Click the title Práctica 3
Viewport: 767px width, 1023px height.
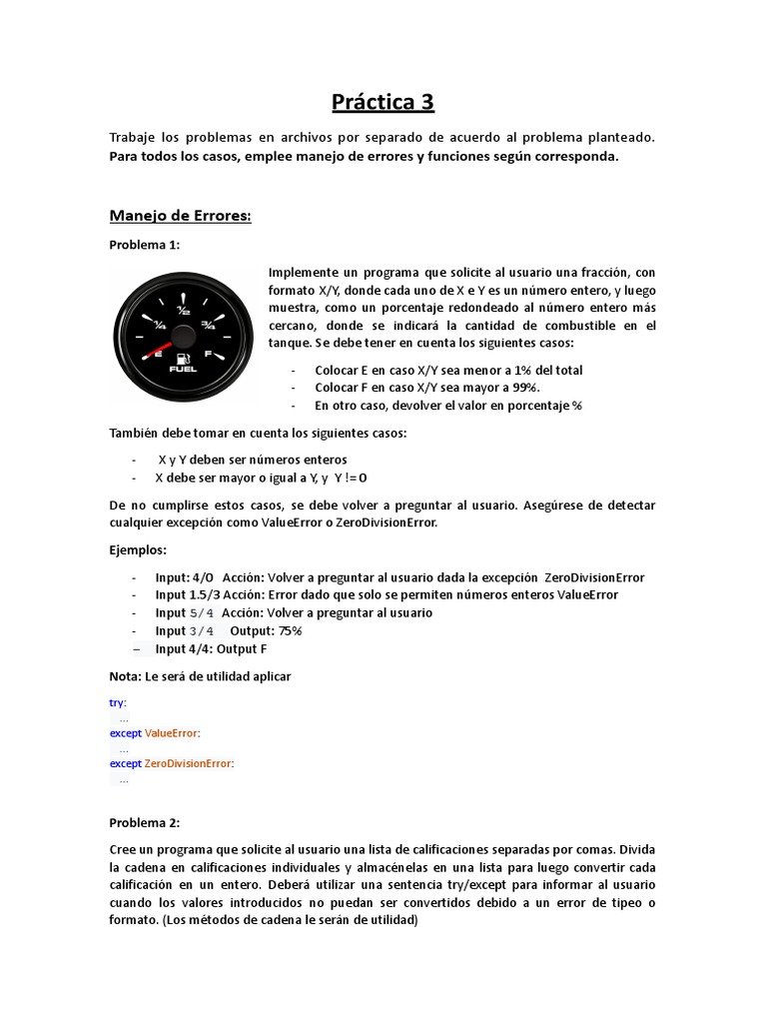(383, 102)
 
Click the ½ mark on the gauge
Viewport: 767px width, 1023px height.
(184, 310)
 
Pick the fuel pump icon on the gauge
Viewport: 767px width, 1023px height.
(184, 358)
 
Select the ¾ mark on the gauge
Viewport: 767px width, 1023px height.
(209, 324)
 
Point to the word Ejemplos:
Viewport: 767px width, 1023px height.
(139, 550)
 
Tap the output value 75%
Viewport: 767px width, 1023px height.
(284, 631)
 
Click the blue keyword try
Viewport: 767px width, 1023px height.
(117, 702)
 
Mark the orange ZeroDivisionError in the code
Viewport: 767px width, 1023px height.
(188, 763)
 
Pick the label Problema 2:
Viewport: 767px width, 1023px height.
(145, 822)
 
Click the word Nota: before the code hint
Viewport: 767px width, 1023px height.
(125, 676)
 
